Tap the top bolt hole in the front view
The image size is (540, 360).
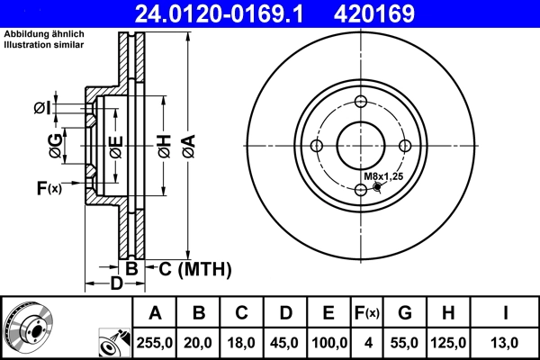pyautogui.click(x=361, y=103)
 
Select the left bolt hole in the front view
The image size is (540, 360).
pyautogui.click(x=317, y=146)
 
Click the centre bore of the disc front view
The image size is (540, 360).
pyautogui.click(x=361, y=146)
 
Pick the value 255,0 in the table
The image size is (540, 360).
pyautogui.click(x=155, y=343)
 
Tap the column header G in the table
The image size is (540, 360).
pyautogui.click(x=404, y=314)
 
